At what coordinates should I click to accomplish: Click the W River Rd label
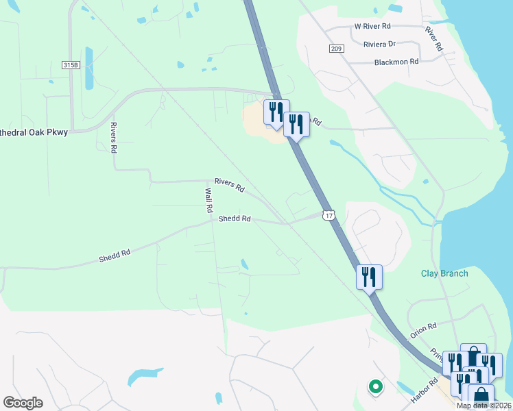pos(372,25)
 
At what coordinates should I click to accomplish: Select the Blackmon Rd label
pos(396,62)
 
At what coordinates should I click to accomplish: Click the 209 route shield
pos(335,49)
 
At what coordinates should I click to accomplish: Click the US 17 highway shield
pos(330,215)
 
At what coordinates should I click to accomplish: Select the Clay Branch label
pos(444,273)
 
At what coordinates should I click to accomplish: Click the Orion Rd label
pos(423,332)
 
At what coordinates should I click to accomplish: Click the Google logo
pos(23,403)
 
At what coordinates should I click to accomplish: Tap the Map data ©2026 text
pos(484,406)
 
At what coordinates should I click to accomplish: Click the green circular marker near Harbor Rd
pos(375,387)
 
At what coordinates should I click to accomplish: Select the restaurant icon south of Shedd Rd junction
pos(369,277)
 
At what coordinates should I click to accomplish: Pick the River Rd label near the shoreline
pos(433,40)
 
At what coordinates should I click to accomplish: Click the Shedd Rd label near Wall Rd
pos(235,219)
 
